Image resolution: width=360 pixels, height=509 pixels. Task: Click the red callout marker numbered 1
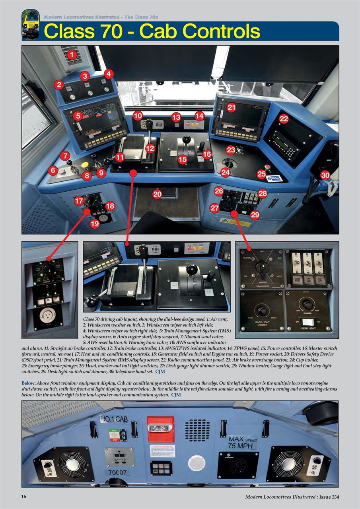[72, 54]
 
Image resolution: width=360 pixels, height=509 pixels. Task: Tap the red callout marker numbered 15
[183, 159]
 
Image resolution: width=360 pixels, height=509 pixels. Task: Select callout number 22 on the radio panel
[284, 119]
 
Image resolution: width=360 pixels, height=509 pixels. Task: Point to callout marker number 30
[325, 175]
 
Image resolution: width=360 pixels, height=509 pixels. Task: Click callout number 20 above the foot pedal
[158, 194]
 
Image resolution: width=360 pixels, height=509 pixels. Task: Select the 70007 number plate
[117, 472]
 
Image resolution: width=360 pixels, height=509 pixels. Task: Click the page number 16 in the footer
[24, 496]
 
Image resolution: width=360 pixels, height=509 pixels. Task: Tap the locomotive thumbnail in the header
[30, 24]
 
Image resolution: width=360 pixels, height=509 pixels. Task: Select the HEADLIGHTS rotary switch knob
[260, 268]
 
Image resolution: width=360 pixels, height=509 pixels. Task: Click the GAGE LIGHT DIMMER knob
[261, 309]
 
